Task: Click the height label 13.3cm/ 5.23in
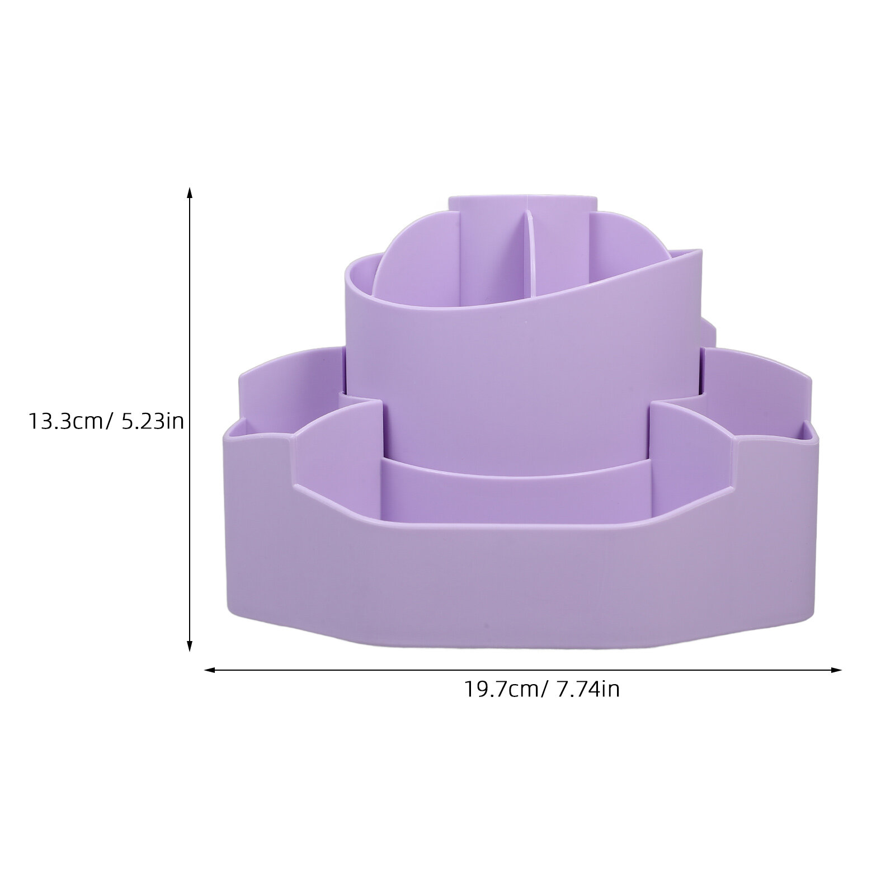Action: (106, 421)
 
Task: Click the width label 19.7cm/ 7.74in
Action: (541, 689)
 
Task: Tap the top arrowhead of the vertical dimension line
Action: (190, 194)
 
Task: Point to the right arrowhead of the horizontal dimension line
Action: (835, 669)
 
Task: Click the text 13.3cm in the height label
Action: (65, 421)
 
